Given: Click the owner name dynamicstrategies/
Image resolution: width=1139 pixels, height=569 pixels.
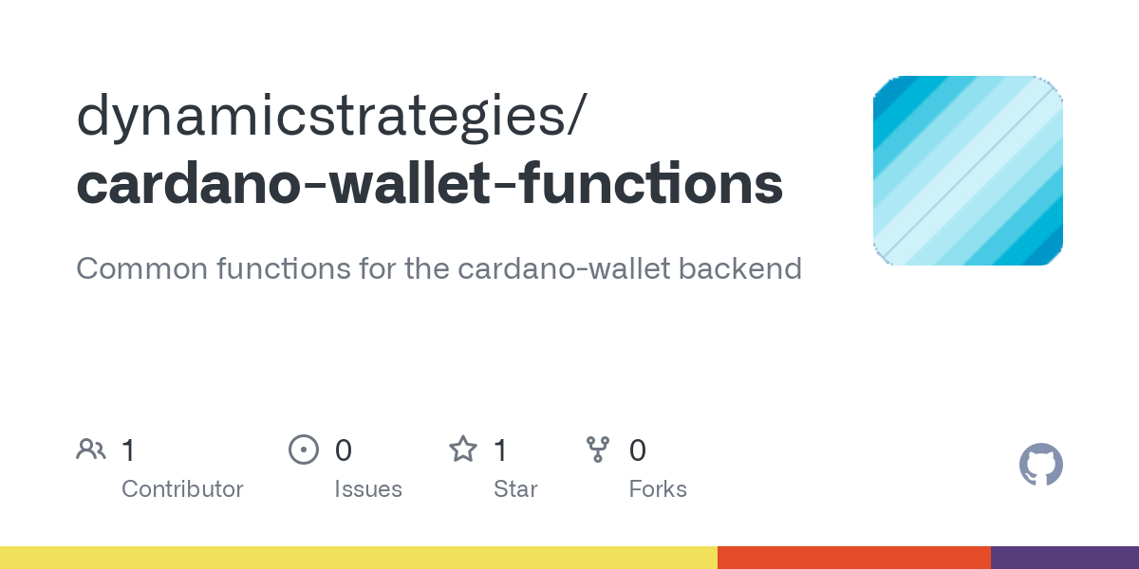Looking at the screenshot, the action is click(x=332, y=116).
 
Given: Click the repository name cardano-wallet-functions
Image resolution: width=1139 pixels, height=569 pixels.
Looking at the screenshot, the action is click(x=430, y=183).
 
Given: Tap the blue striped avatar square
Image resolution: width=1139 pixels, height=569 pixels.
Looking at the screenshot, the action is click(x=967, y=170).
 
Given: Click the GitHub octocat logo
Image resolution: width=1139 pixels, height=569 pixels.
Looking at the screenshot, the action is click(x=1041, y=465).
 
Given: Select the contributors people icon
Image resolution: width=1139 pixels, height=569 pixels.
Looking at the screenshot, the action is click(x=91, y=450).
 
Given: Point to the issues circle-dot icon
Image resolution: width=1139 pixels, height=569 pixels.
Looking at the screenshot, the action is click(x=304, y=450).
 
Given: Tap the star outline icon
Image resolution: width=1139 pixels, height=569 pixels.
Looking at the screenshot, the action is click(x=463, y=450).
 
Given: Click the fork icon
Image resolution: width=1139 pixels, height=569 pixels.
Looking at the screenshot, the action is click(x=598, y=450).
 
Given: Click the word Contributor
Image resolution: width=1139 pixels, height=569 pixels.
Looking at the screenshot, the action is click(x=182, y=489).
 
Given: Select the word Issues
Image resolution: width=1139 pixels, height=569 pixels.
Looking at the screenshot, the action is click(x=368, y=489).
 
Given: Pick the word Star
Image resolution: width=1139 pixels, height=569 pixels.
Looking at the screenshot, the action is click(x=515, y=489).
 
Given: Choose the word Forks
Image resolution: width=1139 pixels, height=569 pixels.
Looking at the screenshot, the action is click(x=658, y=489).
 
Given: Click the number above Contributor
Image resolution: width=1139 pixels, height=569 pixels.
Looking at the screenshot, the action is click(x=128, y=450).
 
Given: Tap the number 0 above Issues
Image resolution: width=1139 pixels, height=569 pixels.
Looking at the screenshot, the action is click(x=344, y=450).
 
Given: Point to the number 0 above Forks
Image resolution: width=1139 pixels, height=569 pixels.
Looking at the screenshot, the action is click(x=638, y=450).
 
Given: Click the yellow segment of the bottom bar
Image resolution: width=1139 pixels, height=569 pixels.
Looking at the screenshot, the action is click(x=359, y=558).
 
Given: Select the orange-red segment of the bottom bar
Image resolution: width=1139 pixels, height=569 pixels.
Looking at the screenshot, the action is click(x=854, y=558).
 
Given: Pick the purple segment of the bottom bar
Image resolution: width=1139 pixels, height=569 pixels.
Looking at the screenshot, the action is click(x=1065, y=558).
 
